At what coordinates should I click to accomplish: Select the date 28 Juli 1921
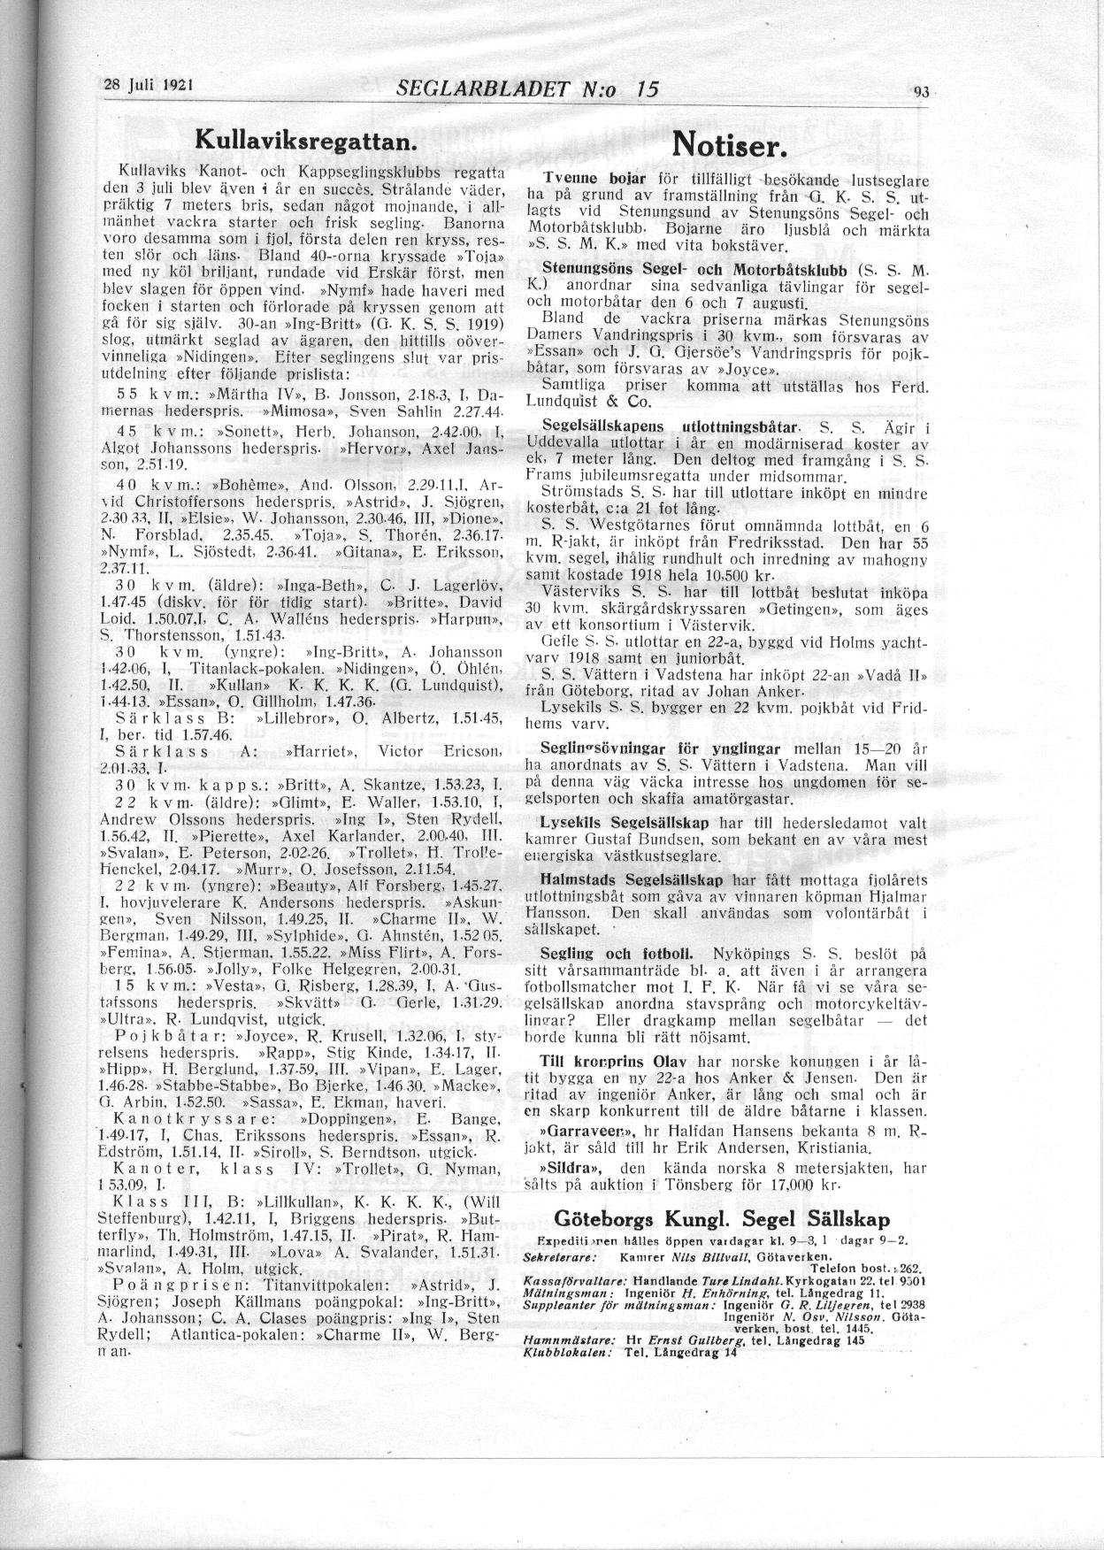[x=149, y=87]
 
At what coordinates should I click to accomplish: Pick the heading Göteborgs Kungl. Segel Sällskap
[x=721, y=1219]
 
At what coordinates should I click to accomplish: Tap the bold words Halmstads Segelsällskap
[x=632, y=880]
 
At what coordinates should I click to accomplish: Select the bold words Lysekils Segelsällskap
[x=625, y=822]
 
